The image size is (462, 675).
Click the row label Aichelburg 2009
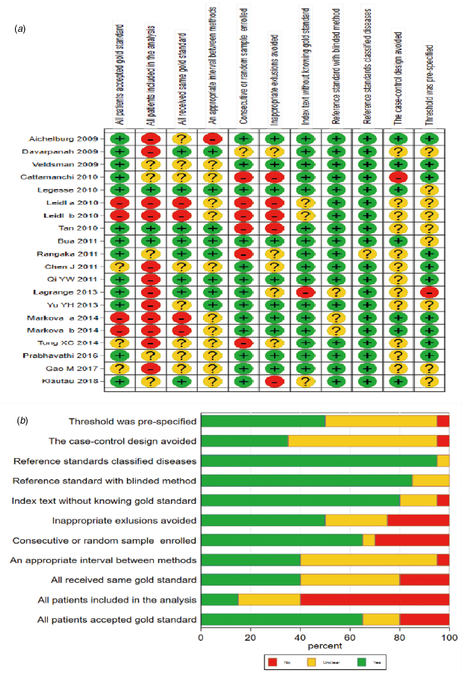coord(63,139)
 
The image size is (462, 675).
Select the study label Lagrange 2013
coord(65,292)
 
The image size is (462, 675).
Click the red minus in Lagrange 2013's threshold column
coord(429,292)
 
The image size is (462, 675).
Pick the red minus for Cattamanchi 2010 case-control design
coord(398,177)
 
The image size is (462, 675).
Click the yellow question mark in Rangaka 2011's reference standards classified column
coord(367,254)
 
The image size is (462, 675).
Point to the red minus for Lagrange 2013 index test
coord(305,292)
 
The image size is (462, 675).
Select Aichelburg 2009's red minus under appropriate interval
coord(213,139)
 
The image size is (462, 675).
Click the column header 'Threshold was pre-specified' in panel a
coord(429,85)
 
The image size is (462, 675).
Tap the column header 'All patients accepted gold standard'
coord(120,75)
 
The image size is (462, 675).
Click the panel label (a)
coord(20,29)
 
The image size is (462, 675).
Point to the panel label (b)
coord(22,420)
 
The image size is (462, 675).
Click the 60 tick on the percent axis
coord(350,638)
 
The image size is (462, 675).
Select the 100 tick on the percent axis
coord(449,638)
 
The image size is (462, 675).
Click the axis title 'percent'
coord(325,646)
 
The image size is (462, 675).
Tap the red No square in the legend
coord(272,662)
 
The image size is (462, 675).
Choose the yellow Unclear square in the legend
coord(311,662)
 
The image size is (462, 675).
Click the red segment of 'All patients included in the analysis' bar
coord(375,599)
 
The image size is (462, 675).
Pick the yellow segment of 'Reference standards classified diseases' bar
coord(443,461)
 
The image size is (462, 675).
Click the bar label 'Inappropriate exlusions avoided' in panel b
coord(124,521)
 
